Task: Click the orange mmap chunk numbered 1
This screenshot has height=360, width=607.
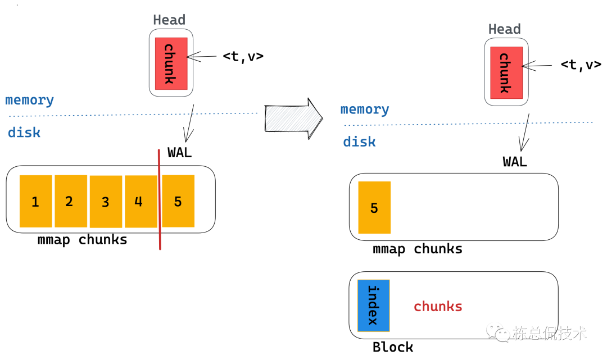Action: (x=35, y=201)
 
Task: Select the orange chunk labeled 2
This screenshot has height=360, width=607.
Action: (x=71, y=201)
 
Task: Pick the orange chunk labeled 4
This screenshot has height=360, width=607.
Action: (x=141, y=201)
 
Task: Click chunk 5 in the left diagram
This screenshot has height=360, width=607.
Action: (x=178, y=201)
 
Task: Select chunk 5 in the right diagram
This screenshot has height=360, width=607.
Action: (x=374, y=208)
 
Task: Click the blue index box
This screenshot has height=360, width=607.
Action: (x=373, y=306)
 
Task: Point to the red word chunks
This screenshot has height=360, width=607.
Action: (x=438, y=307)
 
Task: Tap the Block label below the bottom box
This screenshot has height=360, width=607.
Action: (x=393, y=347)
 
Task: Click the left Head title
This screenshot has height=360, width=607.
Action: (x=169, y=20)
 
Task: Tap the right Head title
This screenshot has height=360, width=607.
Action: (x=504, y=29)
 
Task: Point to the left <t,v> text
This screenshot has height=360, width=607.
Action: (x=243, y=56)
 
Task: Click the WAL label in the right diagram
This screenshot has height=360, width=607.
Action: (x=515, y=162)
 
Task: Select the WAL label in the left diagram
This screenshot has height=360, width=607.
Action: (x=180, y=153)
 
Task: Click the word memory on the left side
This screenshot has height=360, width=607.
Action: (x=30, y=101)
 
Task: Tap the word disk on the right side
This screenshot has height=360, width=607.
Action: (x=360, y=142)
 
